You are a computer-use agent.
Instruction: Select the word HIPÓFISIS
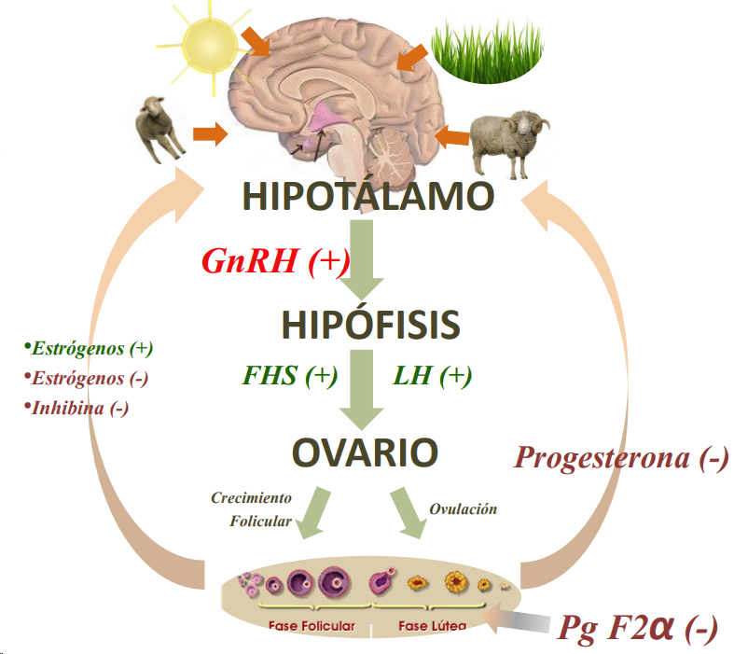[x=370, y=325]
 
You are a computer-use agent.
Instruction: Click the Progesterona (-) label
[x=621, y=457]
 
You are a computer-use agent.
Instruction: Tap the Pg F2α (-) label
[x=638, y=628]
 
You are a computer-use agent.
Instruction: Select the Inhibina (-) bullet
[x=78, y=408]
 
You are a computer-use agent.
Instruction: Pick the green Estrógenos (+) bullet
[x=90, y=349]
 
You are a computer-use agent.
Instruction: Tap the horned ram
[x=508, y=140]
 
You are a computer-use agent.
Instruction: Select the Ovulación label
[x=463, y=509]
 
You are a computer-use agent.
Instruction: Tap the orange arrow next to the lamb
[x=210, y=135]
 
